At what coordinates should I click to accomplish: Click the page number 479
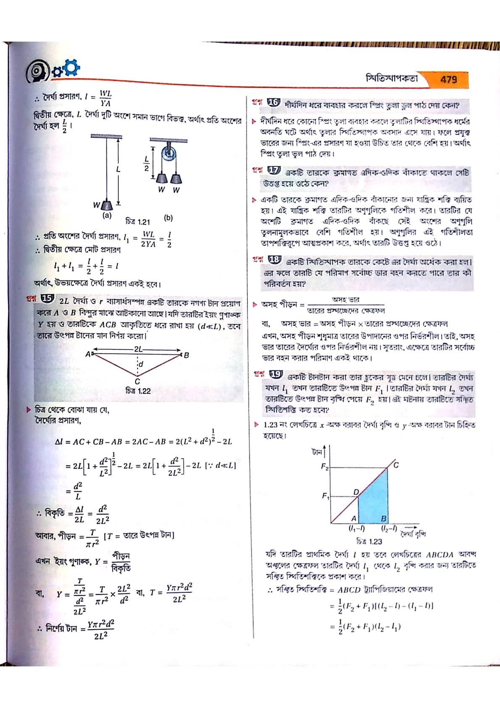448,79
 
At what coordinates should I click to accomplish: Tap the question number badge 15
48,299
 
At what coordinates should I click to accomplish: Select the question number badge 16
273,102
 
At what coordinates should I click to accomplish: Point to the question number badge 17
274,170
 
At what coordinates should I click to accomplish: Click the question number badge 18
274,259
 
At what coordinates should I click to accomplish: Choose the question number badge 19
276,374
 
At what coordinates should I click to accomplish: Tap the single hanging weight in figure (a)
108,205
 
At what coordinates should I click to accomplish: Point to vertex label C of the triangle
137,382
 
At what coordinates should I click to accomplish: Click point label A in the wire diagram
88,354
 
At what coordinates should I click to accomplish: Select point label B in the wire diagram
186,355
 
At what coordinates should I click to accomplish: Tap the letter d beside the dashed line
141,364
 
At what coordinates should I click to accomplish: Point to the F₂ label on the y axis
325,467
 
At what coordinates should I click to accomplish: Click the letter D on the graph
356,492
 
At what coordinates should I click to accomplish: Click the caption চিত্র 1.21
137,222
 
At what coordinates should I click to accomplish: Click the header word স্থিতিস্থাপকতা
392,79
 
